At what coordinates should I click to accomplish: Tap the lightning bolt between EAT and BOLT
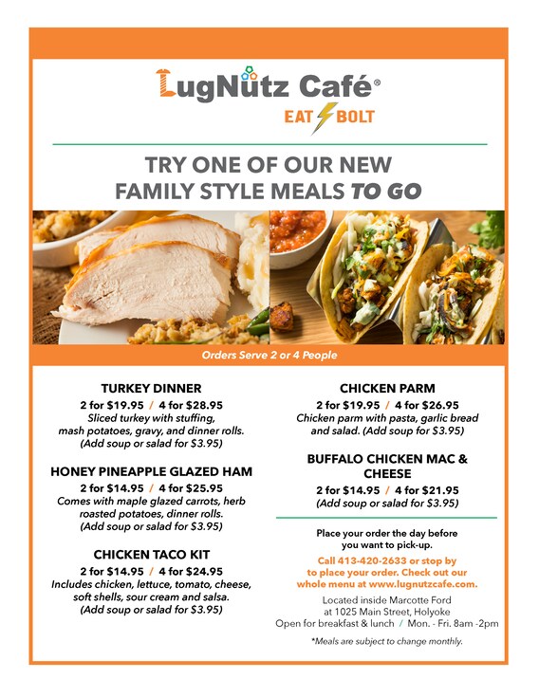coord(324,117)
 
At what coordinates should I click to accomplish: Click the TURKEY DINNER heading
coord(151,388)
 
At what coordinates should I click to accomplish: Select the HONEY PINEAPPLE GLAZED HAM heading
coord(151,470)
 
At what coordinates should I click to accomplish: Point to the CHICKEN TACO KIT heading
coord(151,554)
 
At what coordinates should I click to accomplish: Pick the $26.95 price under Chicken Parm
coord(434,404)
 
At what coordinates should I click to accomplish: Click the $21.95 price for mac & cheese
coord(434,489)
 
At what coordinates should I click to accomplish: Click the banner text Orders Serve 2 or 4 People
coord(269,356)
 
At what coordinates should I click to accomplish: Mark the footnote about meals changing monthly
coord(386,642)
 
